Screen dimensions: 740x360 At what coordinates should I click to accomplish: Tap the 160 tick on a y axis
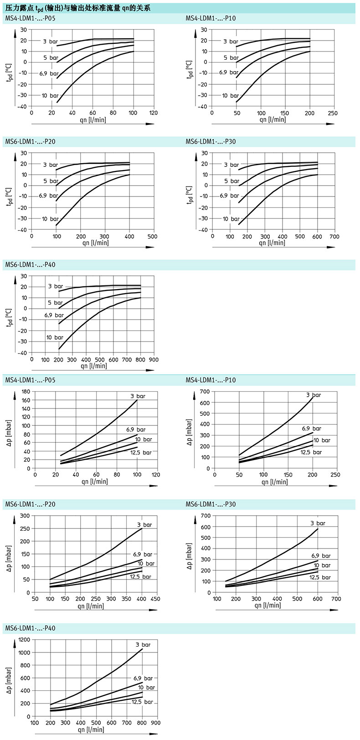click(26, 400)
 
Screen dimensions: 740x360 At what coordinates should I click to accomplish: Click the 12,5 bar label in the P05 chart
click(141, 452)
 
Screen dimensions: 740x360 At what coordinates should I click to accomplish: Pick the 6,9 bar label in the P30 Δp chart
click(321, 556)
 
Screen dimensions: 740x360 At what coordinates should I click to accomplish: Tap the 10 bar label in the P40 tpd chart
click(55, 337)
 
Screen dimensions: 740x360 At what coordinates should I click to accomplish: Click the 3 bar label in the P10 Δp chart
click(313, 395)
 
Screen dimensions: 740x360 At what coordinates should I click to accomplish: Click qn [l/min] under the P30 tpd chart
click(272, 243)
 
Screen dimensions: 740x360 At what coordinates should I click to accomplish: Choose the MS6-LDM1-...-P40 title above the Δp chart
click(30, 628)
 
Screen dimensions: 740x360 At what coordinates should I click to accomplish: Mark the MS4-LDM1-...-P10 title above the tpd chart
click(211, 19)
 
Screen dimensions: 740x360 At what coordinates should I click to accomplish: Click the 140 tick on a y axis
click(26, 409)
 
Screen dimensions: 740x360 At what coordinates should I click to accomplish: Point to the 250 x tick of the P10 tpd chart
click(333, 113)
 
